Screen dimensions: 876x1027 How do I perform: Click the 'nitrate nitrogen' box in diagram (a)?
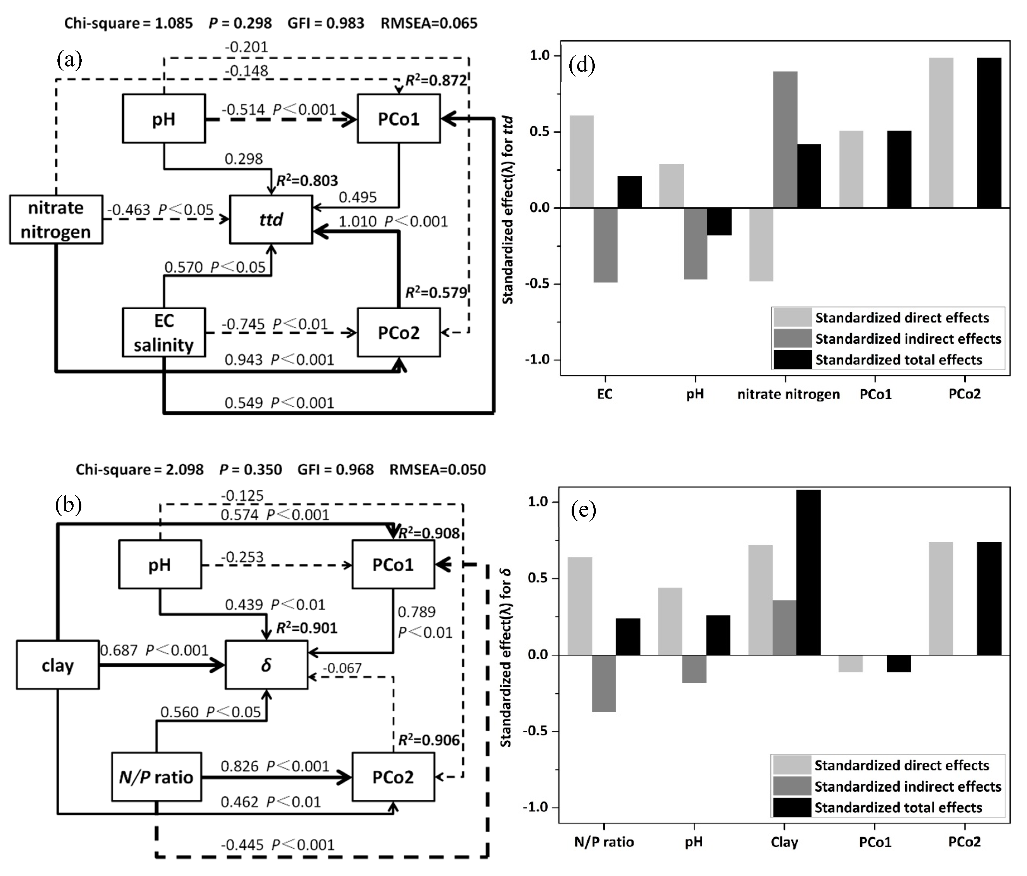coord(56,219)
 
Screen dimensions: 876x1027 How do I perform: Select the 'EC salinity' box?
coord(164,332)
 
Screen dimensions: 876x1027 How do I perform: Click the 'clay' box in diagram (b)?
coord(57,665)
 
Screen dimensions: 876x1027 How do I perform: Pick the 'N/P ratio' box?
coord(156,777)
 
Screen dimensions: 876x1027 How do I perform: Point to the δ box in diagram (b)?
coord(266,665)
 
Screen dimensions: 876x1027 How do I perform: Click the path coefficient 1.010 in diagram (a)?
coord(357,221)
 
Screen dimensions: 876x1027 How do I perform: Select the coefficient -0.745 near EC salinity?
coord(243,324)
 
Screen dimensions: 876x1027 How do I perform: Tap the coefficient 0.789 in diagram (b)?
coord(416,612)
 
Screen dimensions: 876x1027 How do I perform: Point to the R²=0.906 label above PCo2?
coord(429,740)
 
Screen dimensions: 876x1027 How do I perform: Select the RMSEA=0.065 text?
coord(429,23)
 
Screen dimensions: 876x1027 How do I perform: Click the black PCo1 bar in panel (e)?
coord(899,663)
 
